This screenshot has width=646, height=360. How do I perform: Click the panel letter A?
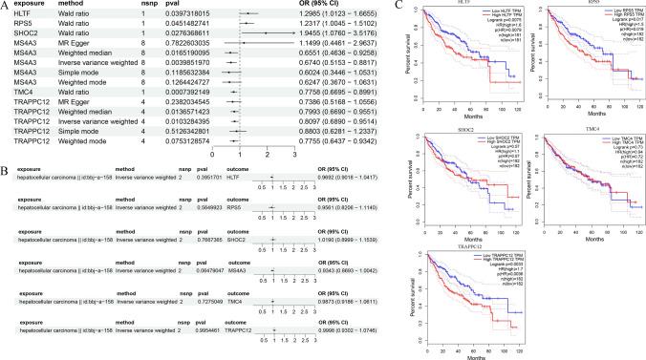pyautogui.click(x=6, y=6)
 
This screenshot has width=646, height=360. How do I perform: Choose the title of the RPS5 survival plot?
pyautogui.click(x=577, y=4)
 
